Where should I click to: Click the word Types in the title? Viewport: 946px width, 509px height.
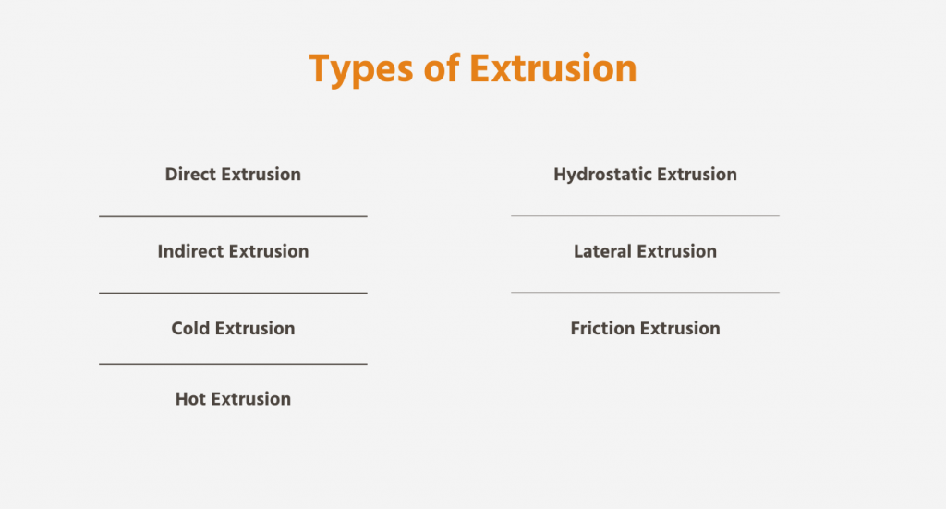tap(361, 69)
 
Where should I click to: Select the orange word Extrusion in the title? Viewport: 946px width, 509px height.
tap(553, 68)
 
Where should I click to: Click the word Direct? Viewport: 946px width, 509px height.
tap(190, 175)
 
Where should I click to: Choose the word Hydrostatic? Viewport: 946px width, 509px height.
tap(602, 175)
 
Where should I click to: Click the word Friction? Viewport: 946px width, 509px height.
tap(602, 329)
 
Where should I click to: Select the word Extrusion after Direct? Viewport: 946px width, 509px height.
tap(261, 175)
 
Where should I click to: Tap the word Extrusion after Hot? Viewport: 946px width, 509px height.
tap(251, 399)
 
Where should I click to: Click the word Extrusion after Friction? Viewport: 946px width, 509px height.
tap(680, 329)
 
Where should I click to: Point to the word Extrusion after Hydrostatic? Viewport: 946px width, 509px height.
tap(697, 175)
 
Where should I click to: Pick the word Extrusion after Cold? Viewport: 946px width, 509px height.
tap(255, 329)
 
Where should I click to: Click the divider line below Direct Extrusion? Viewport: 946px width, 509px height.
tap(233, 216)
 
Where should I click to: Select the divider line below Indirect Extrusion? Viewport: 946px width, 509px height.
tap(233, 293)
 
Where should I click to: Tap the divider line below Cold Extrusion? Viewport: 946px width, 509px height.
tap(233, 364)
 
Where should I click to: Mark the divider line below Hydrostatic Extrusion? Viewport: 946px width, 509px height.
tap(645, 216)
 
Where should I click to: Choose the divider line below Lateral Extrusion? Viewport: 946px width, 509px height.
tap(645, 293)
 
